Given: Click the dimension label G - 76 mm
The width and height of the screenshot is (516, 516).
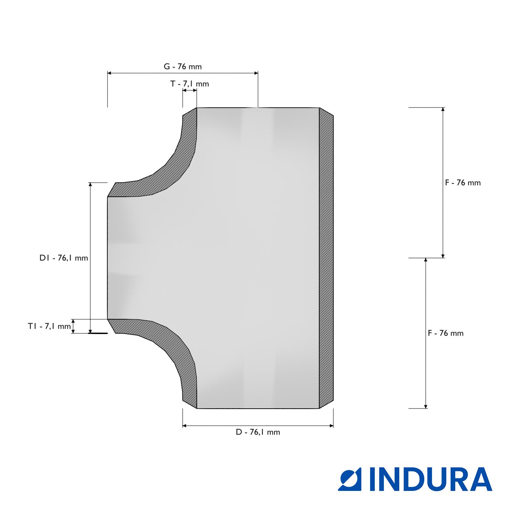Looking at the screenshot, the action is [183, 66].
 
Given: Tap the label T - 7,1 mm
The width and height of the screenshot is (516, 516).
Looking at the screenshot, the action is [190, 84].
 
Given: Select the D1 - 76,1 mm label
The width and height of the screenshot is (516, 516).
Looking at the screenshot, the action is [64, 258].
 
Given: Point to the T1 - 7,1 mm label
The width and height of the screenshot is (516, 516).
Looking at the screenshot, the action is [50, 326].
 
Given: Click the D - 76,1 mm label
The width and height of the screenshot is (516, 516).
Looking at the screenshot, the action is [258, 432].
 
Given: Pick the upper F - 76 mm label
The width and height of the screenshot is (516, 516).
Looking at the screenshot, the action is [463, 183].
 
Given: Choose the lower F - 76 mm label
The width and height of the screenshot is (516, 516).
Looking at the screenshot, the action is [446, 333].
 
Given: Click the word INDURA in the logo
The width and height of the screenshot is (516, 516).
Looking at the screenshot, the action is [431, 479].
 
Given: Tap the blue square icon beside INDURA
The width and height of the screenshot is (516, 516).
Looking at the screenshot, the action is [352, 479].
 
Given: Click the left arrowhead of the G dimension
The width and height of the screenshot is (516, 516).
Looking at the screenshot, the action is [110, 73].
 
